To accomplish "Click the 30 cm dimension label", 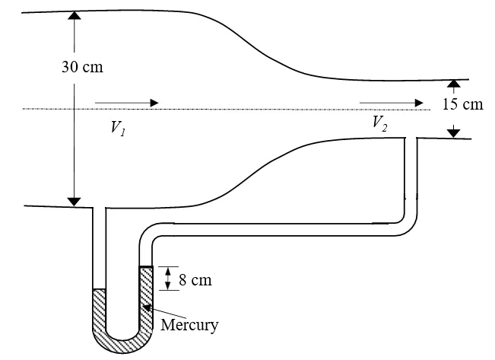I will pos(82,66).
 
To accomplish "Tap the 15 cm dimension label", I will pos(462,105).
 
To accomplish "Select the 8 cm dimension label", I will pos(195,280).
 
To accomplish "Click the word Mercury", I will pos(190,325).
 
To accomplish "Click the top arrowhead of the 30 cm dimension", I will pos(74,15).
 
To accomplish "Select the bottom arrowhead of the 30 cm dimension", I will pos(74,201).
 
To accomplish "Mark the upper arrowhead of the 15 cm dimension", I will pos(454,83).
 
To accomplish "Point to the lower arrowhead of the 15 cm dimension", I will pos(454,133).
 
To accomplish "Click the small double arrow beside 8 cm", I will pos(168,279).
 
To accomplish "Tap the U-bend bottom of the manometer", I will pos(123,339).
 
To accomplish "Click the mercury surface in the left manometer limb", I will pos(98,289).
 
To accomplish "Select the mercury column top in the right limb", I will pos(147,266).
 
